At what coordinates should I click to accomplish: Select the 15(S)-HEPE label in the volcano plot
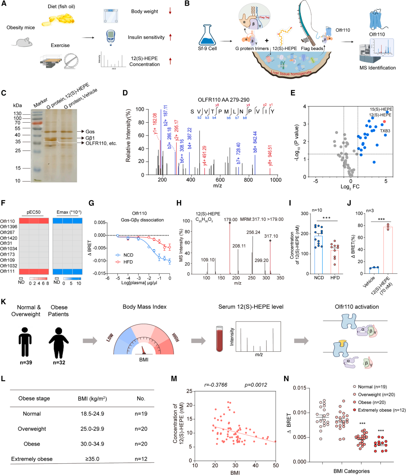[381, 109]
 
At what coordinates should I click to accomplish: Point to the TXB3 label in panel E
[385, 131]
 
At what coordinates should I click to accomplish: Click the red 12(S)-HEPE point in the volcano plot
[384, 121]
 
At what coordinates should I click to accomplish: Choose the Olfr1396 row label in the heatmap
[9, 227]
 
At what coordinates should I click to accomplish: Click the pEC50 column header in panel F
[33, 212]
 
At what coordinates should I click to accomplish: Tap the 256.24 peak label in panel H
[253, 232]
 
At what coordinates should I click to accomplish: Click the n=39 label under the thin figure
[26, 363]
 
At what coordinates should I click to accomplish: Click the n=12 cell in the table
[141, 459]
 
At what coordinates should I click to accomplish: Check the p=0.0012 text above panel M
[256, 385]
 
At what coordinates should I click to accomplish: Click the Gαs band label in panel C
[90, 131]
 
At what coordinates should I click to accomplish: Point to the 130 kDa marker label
[17, 114]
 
